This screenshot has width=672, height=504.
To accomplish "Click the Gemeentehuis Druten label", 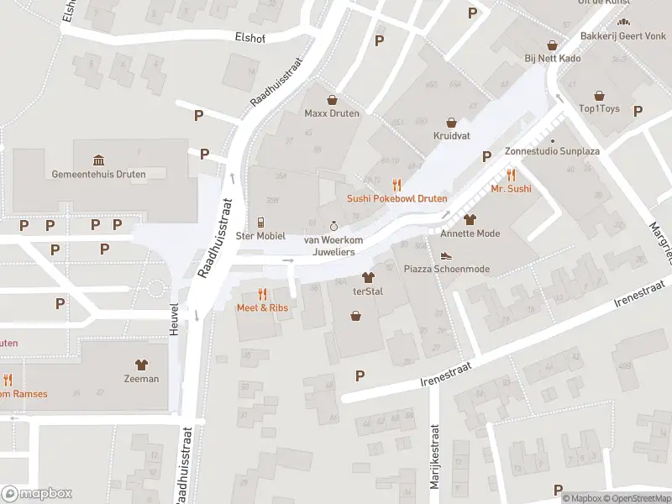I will click(x=98, y=175).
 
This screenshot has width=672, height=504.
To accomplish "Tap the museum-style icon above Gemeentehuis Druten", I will click(x=98, y=160).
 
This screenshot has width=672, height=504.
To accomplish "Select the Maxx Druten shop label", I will click(x=332, y=113).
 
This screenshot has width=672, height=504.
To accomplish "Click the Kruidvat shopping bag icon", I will click(x=451, y=122).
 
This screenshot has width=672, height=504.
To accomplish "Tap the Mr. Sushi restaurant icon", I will click(x=511, y=176).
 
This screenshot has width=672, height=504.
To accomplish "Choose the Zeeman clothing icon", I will click(x=141, y=365).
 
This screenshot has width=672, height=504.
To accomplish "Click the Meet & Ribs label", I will click(x=263, y=307).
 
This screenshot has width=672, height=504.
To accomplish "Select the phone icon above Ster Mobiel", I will click(x=260, y=223).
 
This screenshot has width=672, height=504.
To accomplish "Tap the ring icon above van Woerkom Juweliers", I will click(x=333, y=226).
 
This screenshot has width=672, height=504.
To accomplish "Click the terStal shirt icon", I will click(x=367, y=276).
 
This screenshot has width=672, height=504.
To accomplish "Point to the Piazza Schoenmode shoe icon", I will click(x=446, y=255).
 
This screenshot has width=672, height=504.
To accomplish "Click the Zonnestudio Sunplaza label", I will click(x=552, y=152).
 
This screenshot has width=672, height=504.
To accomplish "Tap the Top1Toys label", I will click(x=599, y=109).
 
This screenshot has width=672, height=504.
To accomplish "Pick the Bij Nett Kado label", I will click(x=553, y=58).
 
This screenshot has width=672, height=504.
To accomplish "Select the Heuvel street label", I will click(x=175, y=320).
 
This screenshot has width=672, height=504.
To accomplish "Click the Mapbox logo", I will click(x=37, y=494).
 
